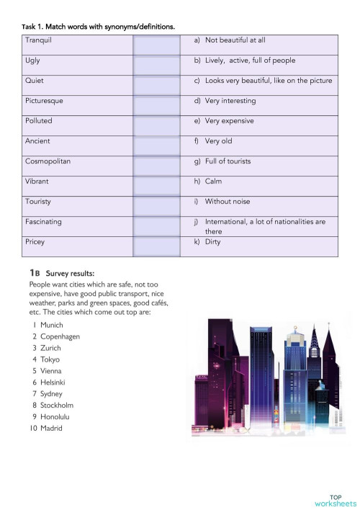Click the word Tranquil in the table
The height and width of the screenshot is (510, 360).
coord(37,40)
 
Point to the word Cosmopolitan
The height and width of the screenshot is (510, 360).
coord(48,161)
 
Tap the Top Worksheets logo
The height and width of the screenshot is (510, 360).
coord(335,500)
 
